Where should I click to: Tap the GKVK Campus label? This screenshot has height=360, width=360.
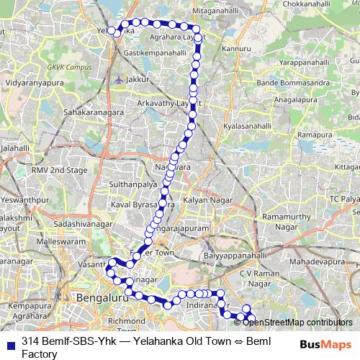pyautogui.click(x=66, y=67)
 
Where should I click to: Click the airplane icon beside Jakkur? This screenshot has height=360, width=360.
pyautogui.click(x=119, y=79)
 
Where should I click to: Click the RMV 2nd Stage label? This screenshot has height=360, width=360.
pyautogui.click(x=59, y=171)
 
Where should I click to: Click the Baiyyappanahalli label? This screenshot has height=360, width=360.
pyautogui.click(x=235, y=256)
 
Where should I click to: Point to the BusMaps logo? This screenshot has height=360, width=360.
pyautogui.click(x=326, y=343)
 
